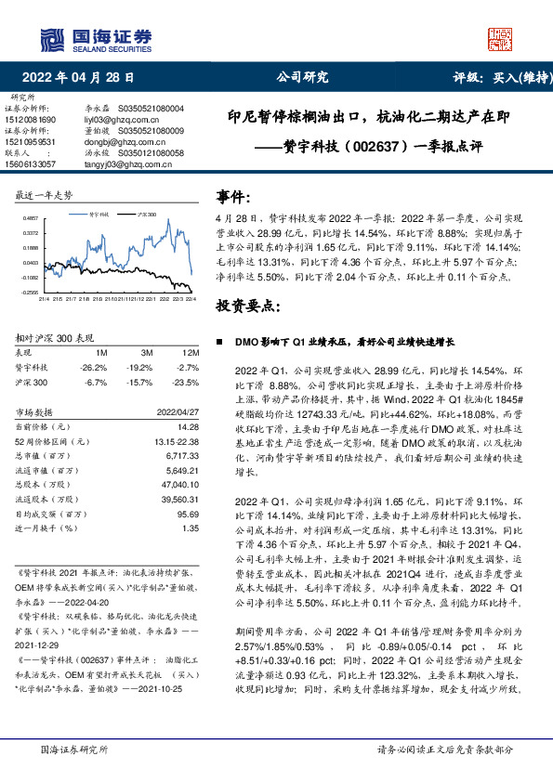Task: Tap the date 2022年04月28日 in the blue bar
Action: click(84, 78)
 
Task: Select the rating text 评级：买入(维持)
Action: click(497, 78)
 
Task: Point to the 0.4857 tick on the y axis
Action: click(31, 217)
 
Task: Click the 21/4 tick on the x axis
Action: click(44, 299)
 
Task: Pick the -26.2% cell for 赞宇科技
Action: click(96, 368)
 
